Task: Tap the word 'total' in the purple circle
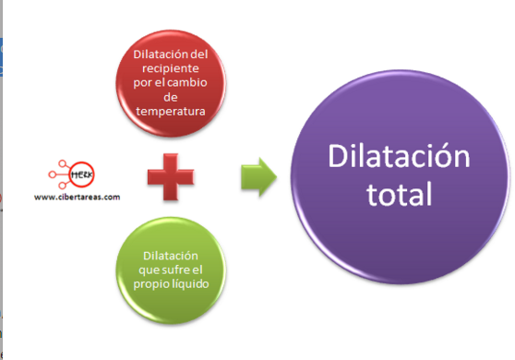click(400, 196)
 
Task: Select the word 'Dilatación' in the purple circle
click(400, 159)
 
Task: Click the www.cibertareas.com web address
click(77, 196)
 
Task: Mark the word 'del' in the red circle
click(199, 54)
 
